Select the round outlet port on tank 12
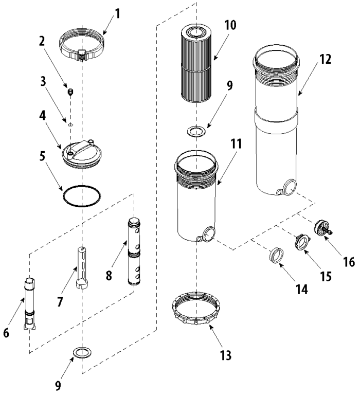pyautogui.click(x=289, y=188)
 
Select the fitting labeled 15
pyautogui.click(x=301, y=241)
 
